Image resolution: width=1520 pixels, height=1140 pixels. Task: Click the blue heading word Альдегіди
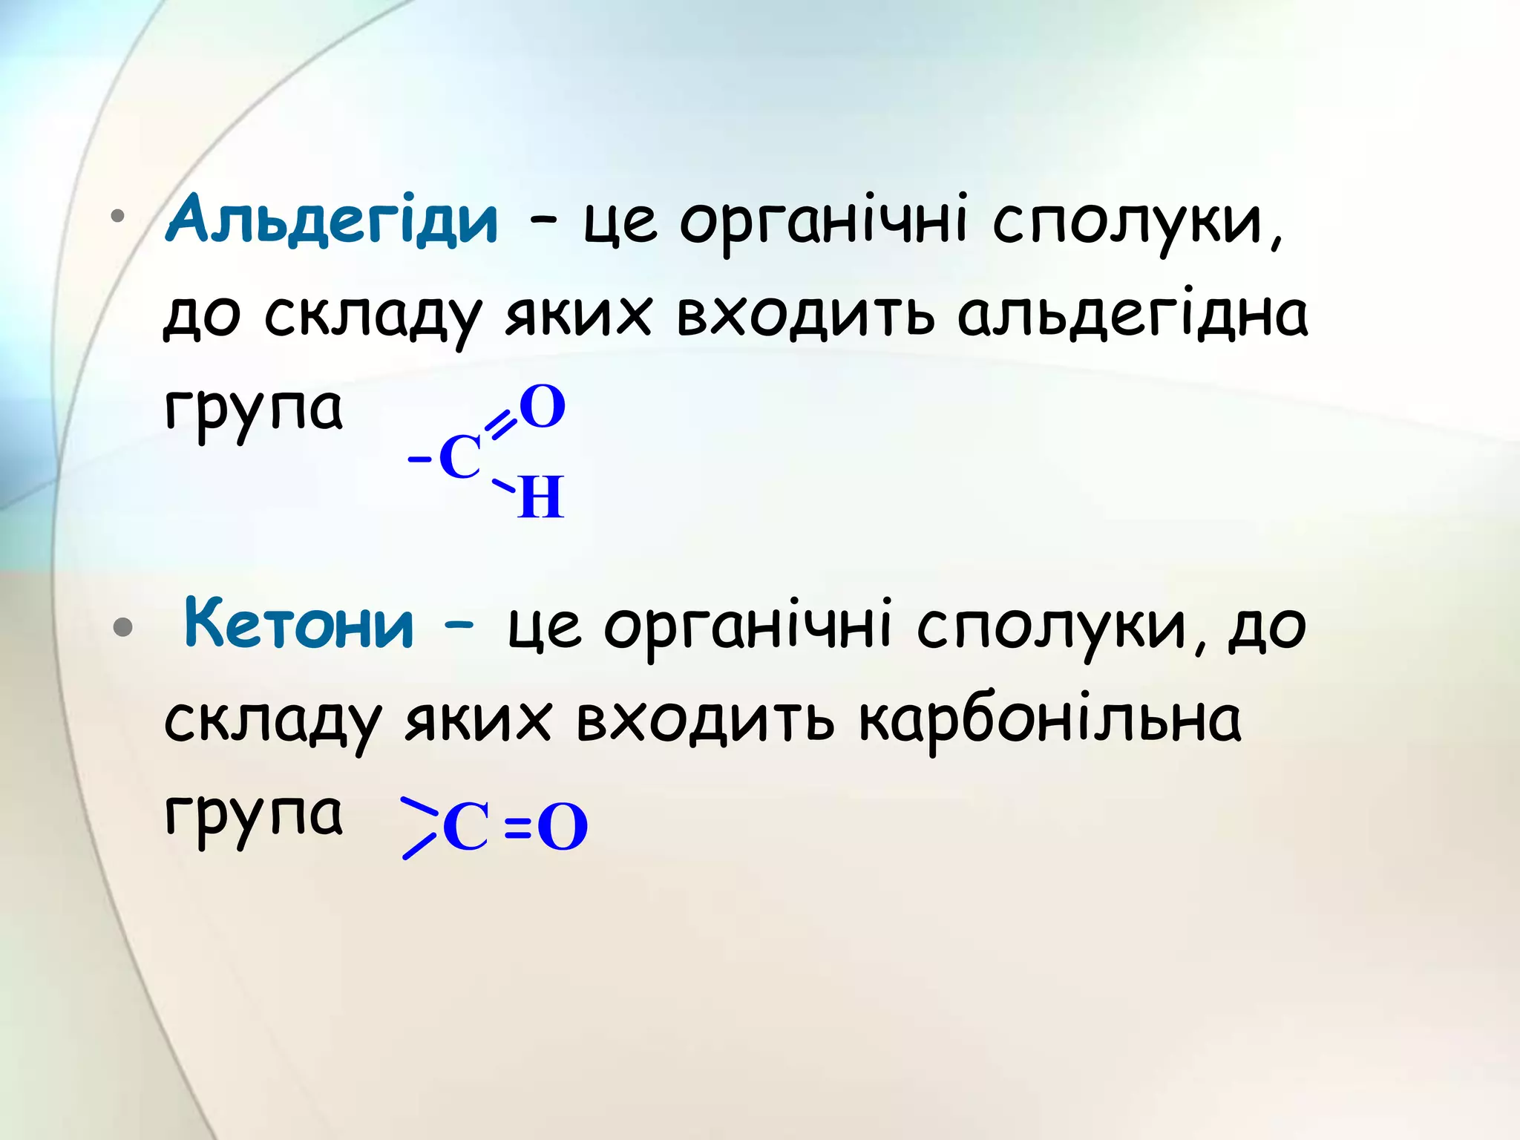(x=332, y=220)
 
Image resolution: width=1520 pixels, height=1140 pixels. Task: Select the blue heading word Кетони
(x=298, y=625)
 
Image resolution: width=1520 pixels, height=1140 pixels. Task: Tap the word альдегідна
(x=1132, y=315)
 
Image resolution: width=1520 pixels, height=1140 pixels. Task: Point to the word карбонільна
(x=1049, y=720)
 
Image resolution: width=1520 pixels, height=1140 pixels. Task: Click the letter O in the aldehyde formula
(x=543, y=407)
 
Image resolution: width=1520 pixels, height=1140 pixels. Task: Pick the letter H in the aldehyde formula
(x=541, y=497)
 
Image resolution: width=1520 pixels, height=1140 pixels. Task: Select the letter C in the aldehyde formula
(x=460, y=457)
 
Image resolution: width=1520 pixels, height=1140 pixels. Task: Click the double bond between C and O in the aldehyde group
(x=501, y=425)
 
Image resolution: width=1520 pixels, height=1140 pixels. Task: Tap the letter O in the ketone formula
(x=563, y=828)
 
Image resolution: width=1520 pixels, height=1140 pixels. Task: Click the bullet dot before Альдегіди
(x=117, y=217)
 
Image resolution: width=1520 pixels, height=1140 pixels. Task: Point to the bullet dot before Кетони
(x=122, y=628)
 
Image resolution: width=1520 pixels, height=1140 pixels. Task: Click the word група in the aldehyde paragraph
(x=254, y=410)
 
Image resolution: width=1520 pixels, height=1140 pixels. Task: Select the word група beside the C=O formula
(x=254, y=815)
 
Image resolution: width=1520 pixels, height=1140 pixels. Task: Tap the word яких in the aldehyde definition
(x=578, y=315)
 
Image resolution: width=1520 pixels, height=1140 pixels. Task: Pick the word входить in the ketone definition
(x=705, y=720)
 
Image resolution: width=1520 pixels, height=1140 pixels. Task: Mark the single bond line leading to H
(x=503, y=487)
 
